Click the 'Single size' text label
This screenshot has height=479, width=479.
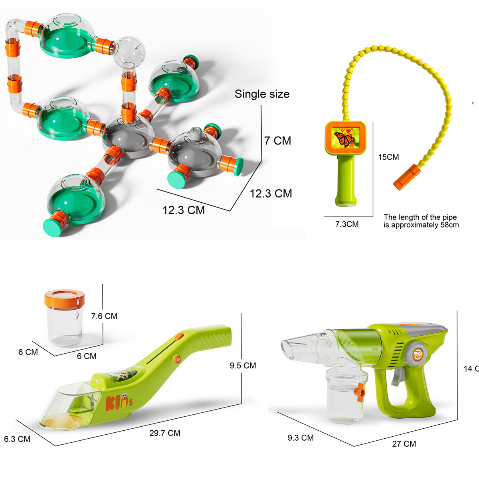tap(262, 94)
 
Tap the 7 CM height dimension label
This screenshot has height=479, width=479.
tap(277, 141)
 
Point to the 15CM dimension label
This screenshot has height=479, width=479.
tap(388, 157)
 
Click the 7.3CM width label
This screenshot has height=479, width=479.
tap(346, 224)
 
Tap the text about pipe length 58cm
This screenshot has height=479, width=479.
tap(421, 221)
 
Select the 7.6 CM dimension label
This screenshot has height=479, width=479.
tap(104, 316)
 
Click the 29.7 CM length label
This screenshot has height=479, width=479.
tap(165, 433)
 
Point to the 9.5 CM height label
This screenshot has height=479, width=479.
tap(243, 366)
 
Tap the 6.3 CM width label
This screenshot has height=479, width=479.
tap(17, 439)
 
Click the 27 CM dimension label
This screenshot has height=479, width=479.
tap(404, 444)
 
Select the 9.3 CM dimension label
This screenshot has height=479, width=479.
tap(301, 438)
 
